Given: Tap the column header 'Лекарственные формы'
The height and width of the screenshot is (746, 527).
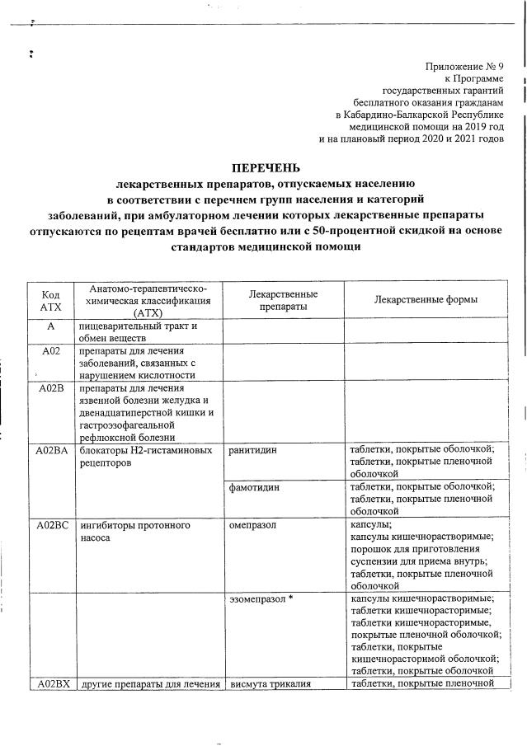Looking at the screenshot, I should [x=425, y=300].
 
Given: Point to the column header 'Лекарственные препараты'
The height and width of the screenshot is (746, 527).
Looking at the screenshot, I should [x=283, y=300].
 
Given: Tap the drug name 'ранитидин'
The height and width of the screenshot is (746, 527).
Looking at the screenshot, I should [x=254, y=450].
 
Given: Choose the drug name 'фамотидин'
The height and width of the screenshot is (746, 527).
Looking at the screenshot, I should [x=255, y=487].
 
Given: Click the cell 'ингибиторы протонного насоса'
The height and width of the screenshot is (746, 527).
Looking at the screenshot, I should [x=136, y=531].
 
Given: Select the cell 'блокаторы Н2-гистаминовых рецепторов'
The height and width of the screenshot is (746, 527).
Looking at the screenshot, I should [x=145, y=457].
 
